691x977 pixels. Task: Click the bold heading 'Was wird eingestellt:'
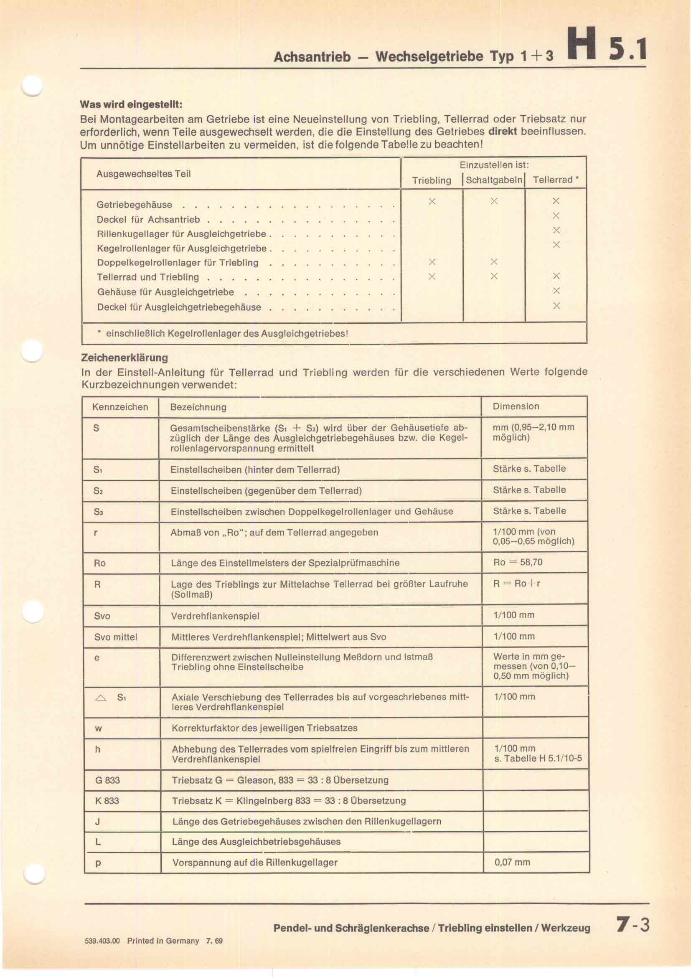tap(131, 104)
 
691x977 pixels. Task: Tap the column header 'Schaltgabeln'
tap(494, 180)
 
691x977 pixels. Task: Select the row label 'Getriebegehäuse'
tap(135, 205)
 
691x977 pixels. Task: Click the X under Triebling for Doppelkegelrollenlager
tap(432, 262)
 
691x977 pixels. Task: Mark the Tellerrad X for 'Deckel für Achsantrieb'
tap(556, 216)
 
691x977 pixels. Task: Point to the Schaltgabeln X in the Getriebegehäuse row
tap(494, 201)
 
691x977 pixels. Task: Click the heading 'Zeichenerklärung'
tap(124, 358)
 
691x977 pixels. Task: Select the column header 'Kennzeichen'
tap(120, 407)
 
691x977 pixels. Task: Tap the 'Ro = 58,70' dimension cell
tap(518, 562)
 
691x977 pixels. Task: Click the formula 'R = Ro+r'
tap(516, 584)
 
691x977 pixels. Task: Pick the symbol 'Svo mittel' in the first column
tap(116, 637)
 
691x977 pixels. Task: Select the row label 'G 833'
tap(107, 780)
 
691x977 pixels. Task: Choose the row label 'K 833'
tap(107, 801)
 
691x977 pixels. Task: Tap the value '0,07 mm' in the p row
tap(512, 863)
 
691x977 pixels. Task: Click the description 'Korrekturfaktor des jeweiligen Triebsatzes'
tap(264, 728)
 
